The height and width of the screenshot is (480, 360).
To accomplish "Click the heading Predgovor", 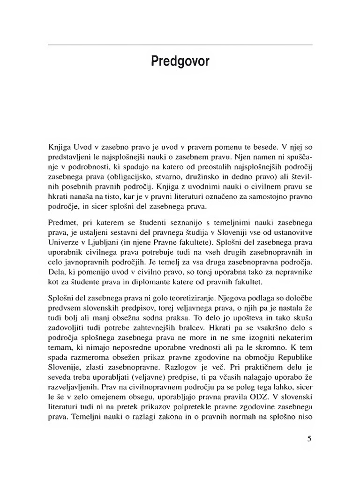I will coord(180,62).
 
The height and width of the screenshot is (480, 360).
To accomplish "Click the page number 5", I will coord(309,439).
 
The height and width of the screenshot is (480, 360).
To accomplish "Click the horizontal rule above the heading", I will coord(180,45).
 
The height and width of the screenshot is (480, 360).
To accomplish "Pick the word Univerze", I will coord(63,242).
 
